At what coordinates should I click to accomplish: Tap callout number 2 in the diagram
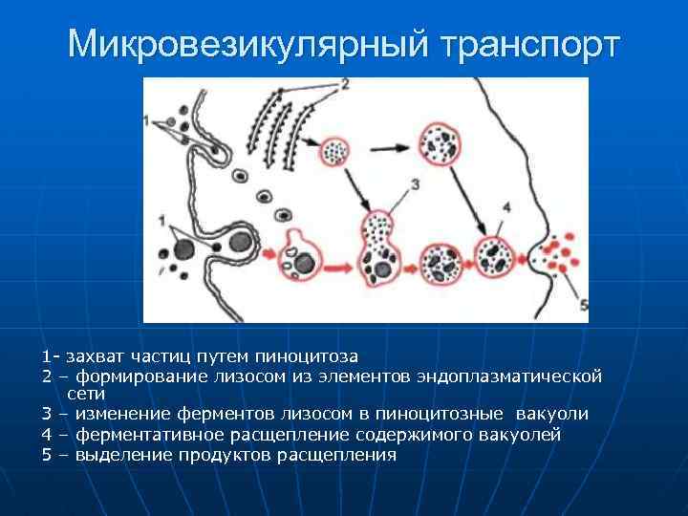(x=344, y=85)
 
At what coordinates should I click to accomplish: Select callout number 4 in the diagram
(x=505, y=205)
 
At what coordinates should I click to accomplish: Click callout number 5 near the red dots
(x=582, y=305)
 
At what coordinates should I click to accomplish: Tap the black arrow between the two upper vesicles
(x=387, y=149)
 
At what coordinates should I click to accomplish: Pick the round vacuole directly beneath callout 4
(x=495, y=258)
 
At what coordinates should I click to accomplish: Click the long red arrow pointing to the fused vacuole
(x=340, y=261)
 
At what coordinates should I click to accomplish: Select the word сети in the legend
(x=86, y=393)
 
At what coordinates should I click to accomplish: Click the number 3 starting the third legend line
(x=46, y=414)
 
